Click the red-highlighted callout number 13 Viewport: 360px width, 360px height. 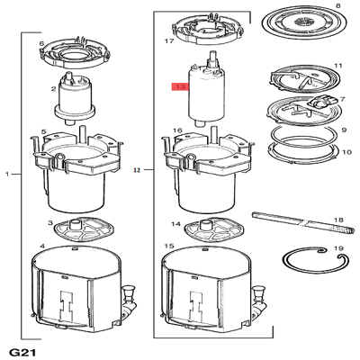(x=179, y=87)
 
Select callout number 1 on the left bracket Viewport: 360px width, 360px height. (x=7, y=172)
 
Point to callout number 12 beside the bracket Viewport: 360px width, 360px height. (x=138, y=168)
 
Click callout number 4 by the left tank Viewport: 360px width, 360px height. (x=41, y=246)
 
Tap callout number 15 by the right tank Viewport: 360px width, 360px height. (x=168, y=246)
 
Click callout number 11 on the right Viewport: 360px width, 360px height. (x=339, y=67)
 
